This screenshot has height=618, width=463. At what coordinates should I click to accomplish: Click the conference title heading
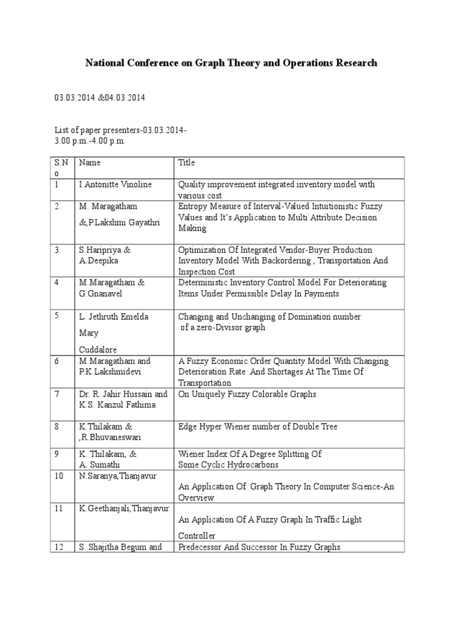(231, 63)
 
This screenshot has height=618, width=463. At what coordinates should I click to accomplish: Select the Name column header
(90, 162)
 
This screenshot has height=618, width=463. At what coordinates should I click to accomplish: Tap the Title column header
(186, 162)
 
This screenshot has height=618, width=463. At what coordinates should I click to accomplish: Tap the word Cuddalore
(98, 349)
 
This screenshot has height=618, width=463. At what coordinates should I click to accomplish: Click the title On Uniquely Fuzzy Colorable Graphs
(247, 394)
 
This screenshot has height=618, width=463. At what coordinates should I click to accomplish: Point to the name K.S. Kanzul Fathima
(117, 405)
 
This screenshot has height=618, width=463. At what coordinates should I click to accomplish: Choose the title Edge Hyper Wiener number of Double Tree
(257, 427)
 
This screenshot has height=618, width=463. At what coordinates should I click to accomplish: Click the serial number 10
(58, 476)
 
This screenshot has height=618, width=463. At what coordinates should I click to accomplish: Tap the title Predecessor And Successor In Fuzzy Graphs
(259, 547)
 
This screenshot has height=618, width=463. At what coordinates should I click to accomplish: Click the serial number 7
(56, 394)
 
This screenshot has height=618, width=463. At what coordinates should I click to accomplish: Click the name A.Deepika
(98, 261)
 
